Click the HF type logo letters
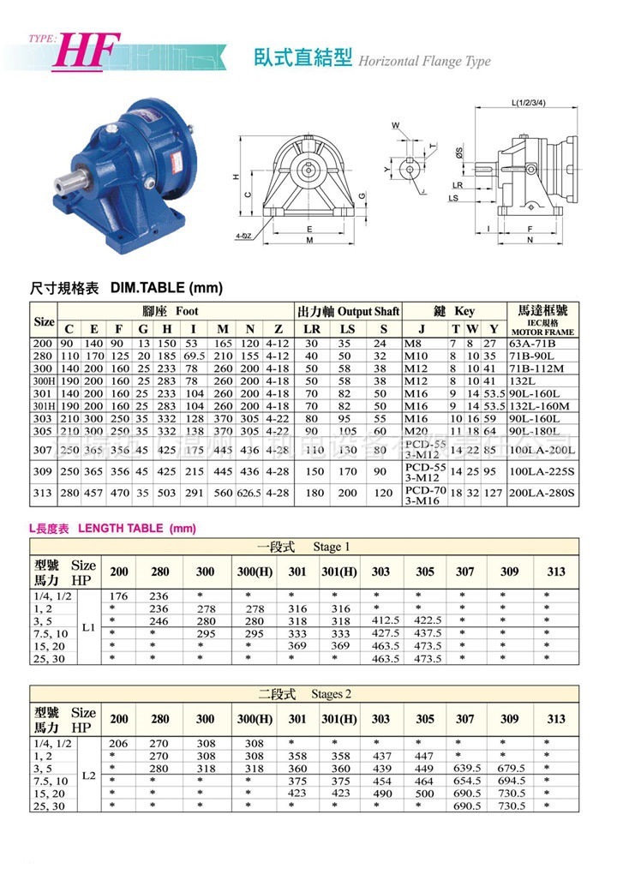click(x=87, y=51)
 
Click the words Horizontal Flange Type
click(x=423, y=61)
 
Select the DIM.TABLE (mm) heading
click(x=166, y=288)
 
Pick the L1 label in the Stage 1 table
click(x=87, y=627)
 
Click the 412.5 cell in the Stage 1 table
click(x=380, y=621)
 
